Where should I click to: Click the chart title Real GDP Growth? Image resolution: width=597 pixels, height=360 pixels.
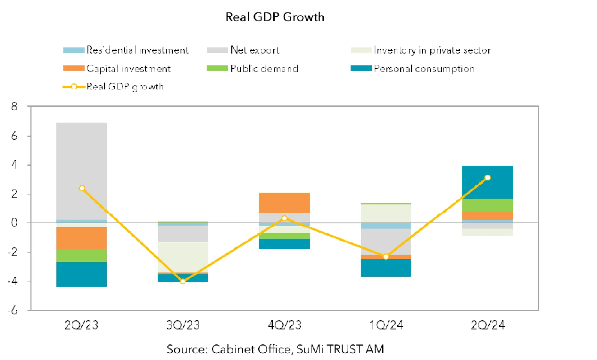275,17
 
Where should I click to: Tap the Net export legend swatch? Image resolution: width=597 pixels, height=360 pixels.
217,50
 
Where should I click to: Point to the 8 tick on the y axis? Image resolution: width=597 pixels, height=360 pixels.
14,107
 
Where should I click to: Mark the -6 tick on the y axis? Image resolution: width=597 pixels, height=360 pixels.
13,310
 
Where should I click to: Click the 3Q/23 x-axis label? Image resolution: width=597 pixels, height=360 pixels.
183,325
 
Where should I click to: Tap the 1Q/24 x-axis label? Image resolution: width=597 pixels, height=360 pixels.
386,325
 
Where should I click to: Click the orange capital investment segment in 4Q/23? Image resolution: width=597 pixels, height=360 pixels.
284,203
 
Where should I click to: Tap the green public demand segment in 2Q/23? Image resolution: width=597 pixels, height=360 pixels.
81,255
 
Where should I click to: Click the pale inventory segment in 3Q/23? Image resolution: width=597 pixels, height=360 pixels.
183,257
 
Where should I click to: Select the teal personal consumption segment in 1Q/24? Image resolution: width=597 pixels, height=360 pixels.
386,268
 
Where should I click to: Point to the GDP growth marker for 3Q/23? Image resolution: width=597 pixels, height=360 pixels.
183,282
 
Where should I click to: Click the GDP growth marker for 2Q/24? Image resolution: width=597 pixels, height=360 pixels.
488,178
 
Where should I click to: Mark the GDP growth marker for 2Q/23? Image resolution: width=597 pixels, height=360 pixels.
82,188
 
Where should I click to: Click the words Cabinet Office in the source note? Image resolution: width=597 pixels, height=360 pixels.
251,349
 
